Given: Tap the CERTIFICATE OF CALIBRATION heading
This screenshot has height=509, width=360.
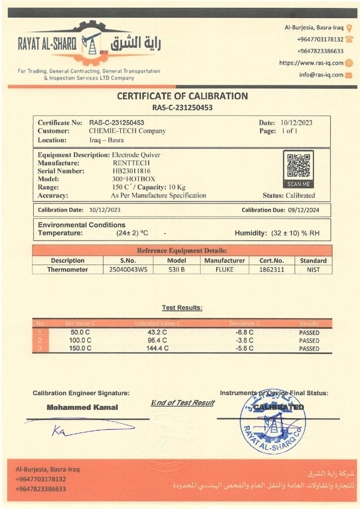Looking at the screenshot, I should point(182,96).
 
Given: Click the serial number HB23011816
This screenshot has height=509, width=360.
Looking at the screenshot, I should point(133,171).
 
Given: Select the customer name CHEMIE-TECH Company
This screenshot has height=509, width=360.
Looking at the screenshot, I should point(127,131).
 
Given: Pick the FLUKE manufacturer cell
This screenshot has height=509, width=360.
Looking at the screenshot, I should point(225,270).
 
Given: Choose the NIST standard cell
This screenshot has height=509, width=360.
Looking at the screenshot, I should point(313,270).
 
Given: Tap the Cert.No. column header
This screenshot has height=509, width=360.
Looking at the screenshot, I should point(271,260).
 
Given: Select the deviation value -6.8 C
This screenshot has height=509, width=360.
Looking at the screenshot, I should point(244,333).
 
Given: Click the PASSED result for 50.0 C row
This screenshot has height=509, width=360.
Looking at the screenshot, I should point(309,333).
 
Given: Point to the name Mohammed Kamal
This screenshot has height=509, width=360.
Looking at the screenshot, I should point(83,408).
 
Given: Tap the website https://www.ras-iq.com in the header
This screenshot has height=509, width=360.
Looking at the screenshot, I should point(311,63).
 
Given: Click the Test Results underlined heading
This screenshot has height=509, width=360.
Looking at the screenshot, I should point(182,308).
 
